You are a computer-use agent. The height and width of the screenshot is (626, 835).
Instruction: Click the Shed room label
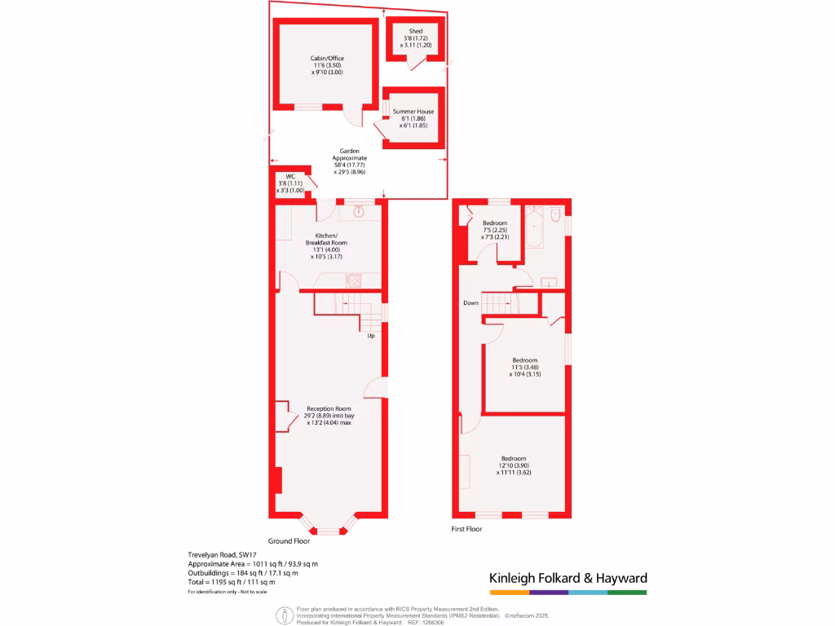coord(416,32)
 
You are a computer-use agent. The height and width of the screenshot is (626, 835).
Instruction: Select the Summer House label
coord(413,112)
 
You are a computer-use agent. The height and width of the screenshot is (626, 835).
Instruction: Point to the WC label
coord(289,177)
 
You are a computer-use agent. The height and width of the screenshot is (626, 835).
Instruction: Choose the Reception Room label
coord(329,408)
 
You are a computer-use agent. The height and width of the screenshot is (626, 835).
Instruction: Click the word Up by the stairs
coord(371,335)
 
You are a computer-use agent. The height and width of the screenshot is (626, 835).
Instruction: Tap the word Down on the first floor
coord(471,302)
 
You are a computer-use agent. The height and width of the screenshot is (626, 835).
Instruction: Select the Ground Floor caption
coord(289,540)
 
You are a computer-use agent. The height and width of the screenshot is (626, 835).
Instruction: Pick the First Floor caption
coord(467,529)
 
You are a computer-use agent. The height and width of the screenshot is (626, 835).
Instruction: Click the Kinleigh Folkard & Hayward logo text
coord(568,578)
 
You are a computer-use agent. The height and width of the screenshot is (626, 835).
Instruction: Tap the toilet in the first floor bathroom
coord(555,215)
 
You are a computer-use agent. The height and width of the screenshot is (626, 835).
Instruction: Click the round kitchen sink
coord(360,212)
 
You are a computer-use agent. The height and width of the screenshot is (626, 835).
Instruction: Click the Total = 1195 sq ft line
coord(232,582)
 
